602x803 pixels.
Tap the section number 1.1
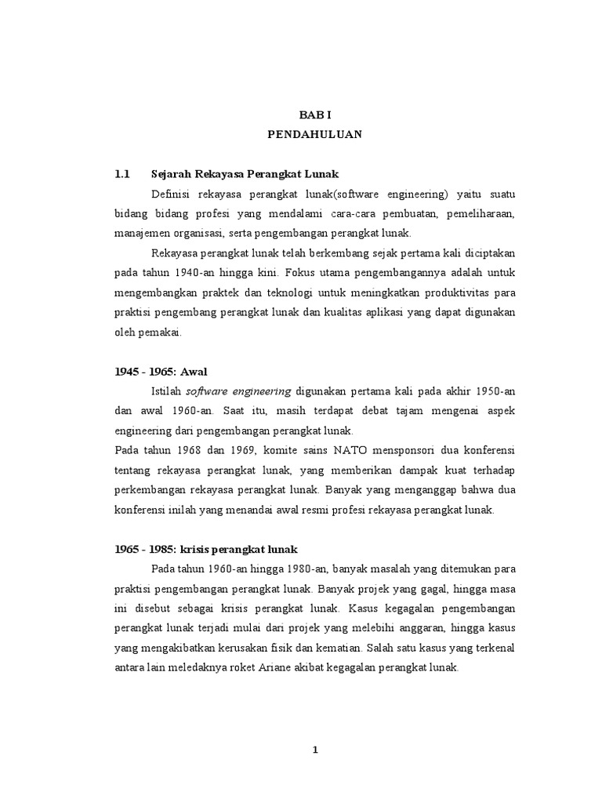click(x=122, y=173)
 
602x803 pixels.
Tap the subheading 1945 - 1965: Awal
click(x=160, y=372)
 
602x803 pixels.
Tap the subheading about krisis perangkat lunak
click(x=207, y=548)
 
